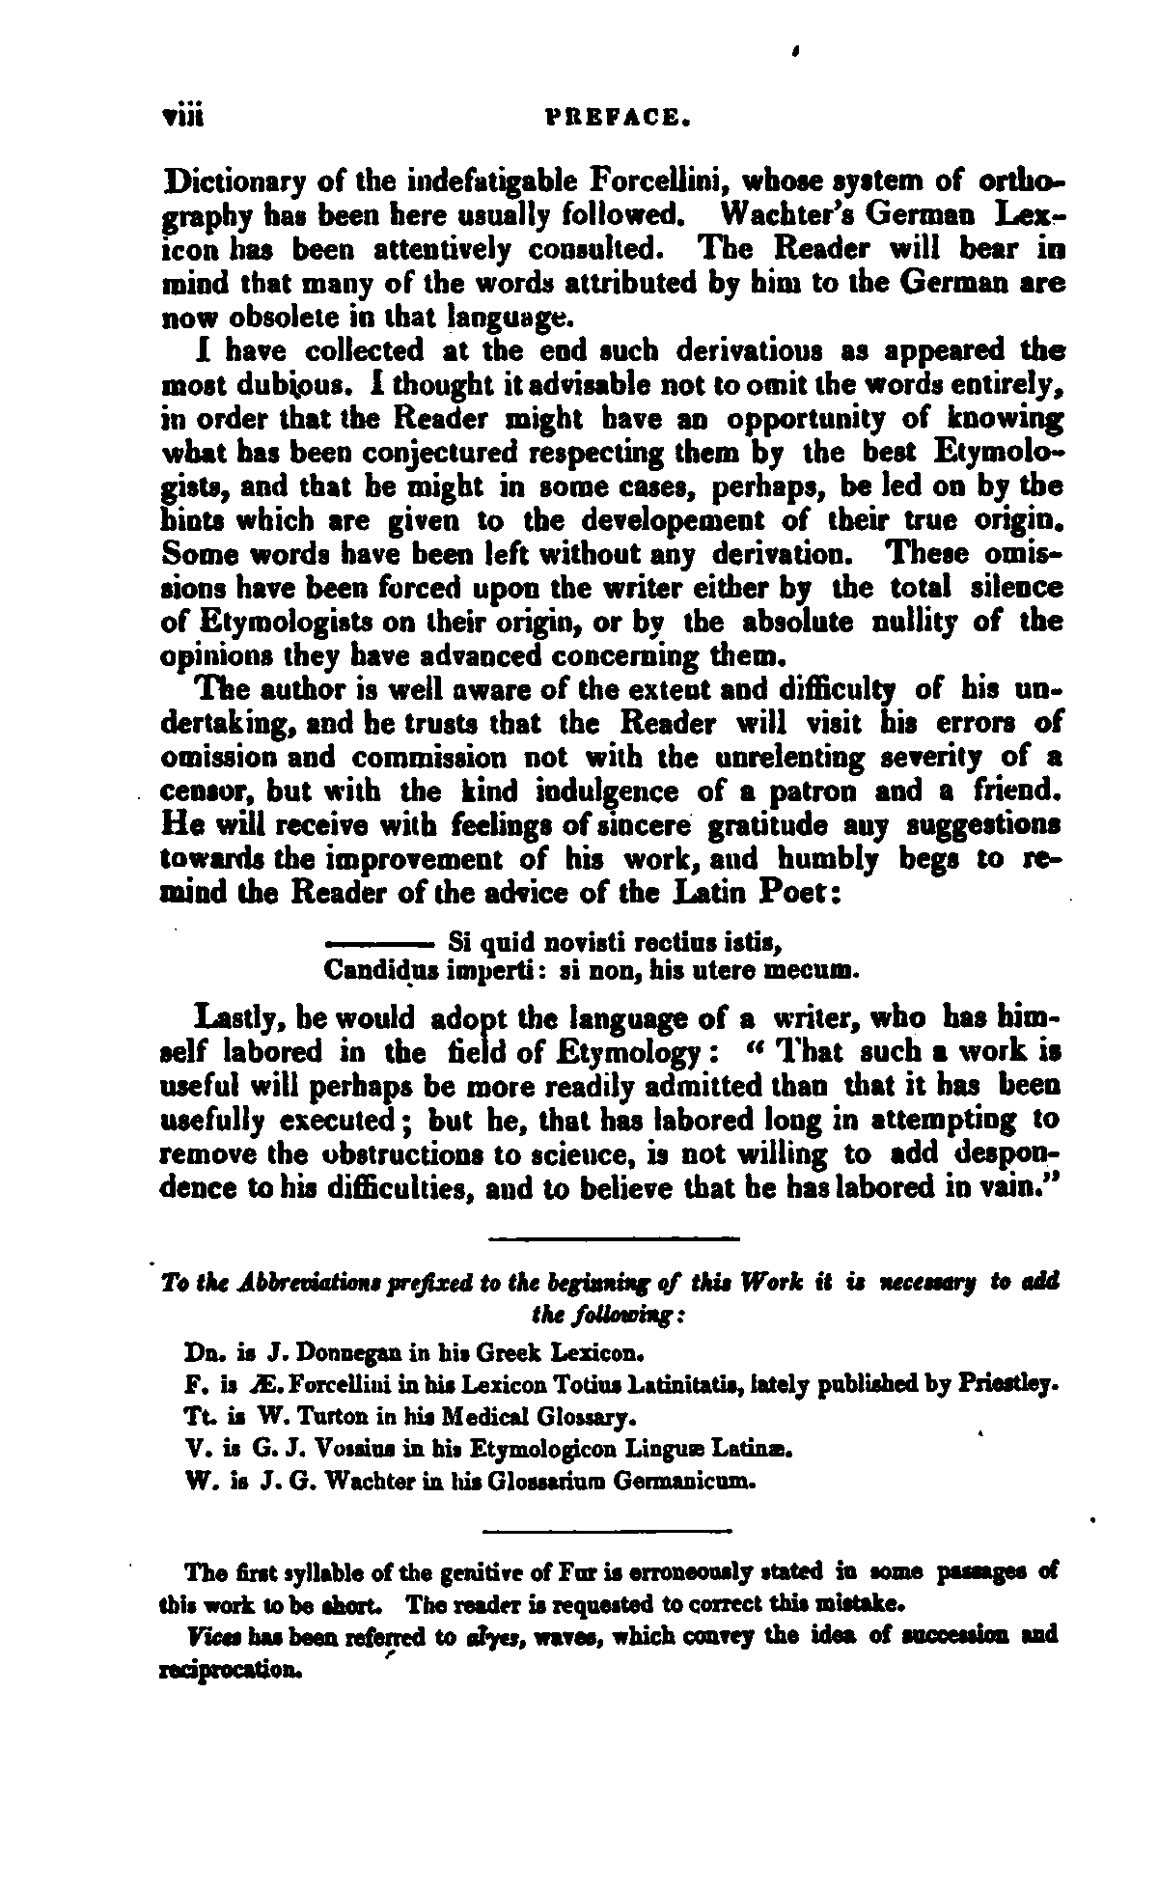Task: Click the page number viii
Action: tap(181, 120)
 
